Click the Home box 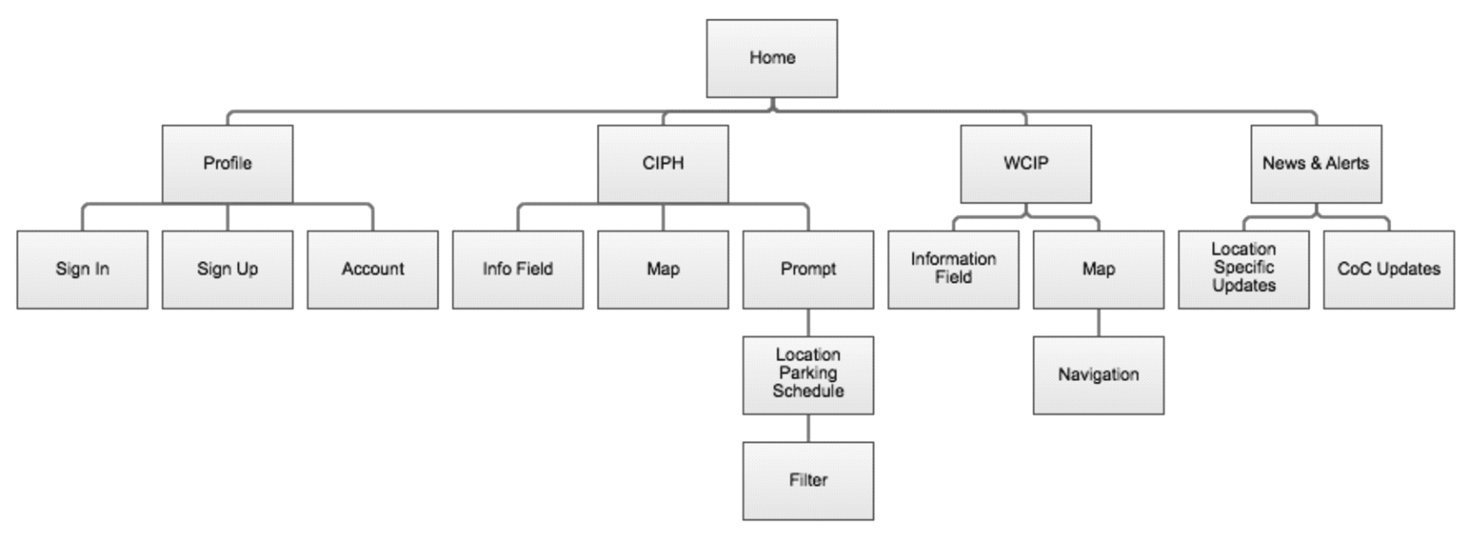(x=771, y=59)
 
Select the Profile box (x=227, y=164)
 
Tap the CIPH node (x=663, y=164)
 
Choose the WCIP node (x=1025, y=164)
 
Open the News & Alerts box (x=1315, y=164)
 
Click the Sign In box (x=82, y=269)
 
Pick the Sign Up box (x=227, y=269)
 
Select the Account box (x=373, y=269)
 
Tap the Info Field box (x=517, y=269)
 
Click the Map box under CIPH (x=663, y=269)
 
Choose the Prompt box (x=807, y=269)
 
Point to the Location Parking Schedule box (x=807, y=374)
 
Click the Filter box (x=807, y=480)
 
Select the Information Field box (x=953, y=269)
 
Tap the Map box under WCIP (x=1098, y=269)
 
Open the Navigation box (x=1098, y=374)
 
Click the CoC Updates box (x=1388, y=269)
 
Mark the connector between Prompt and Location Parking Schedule (x=807, y=323)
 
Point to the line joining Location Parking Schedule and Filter (x=807, y=428)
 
